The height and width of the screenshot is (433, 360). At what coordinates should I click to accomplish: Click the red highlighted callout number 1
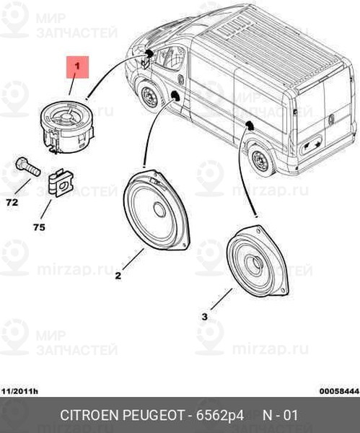pyautogui.click(x=77, y=67)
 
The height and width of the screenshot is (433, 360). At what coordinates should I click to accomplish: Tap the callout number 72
pyautogui.click(x=12, y=203)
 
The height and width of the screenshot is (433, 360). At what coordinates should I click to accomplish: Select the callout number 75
pyautogui.click(x=39, y=227)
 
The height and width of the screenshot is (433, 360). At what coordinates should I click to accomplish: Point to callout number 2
pyautogui.click(x=118, y=276)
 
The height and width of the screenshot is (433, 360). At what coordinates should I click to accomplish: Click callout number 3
pyautogui.click(x=205, y=317)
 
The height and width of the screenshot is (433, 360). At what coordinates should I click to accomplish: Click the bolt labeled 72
pyautogui.click(x=27, y=166)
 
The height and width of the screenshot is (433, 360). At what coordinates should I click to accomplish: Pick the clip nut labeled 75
pyautogui.click(x=61, y=183)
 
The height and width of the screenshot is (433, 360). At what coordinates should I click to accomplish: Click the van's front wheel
pyautogui.click(x=149, y=97)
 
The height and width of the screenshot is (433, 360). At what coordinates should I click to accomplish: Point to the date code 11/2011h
pyautogui.click(x=20, y=391)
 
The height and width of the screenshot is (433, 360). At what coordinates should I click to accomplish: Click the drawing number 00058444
pyautogui.click(x=340, y=391)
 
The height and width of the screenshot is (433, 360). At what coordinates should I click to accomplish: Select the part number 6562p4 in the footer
pyautogui.click(x=220, y=416)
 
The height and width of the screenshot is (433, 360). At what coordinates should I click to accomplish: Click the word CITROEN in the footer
pyautogui.click(x=89, y=416)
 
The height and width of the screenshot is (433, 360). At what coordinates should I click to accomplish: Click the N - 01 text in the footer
pyautogui.click(x=280, y=416)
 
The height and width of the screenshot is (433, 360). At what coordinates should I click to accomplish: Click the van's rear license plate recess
pyautogui.click(x=312, y=144)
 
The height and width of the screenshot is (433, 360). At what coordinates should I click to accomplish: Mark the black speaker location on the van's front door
pyautogui.click(x=175, y=96)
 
